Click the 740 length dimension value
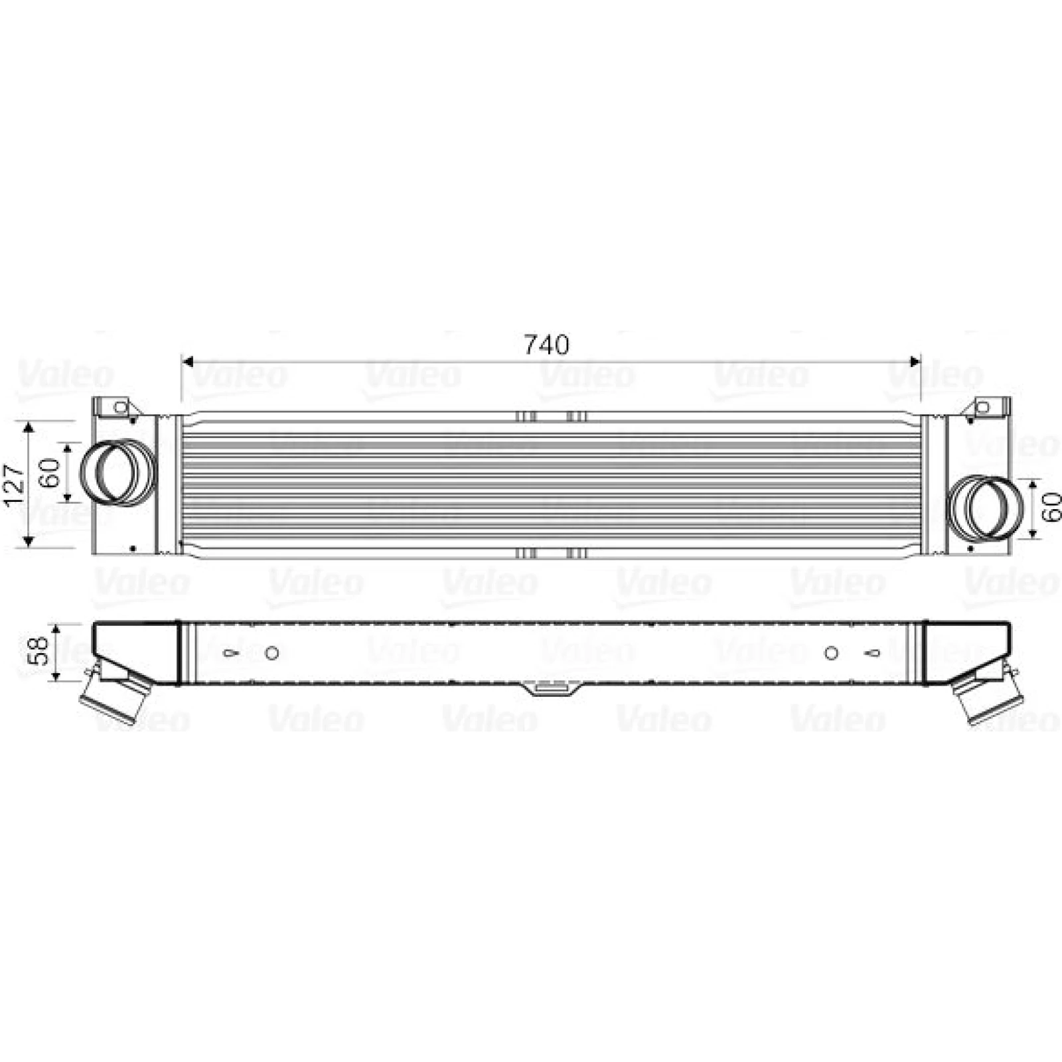tap(547, 344)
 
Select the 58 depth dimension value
tap(40, 650)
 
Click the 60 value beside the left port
tap(52, 472)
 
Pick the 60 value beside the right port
tap(1052, 508)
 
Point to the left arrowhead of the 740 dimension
tap(187, 362)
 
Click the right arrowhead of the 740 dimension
tap(915, 362)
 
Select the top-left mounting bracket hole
tap(120, 408)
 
